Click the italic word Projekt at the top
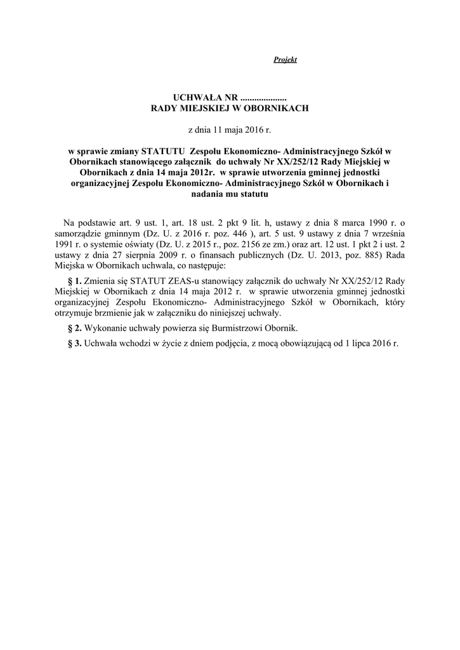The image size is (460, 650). [x=285, y=60]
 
